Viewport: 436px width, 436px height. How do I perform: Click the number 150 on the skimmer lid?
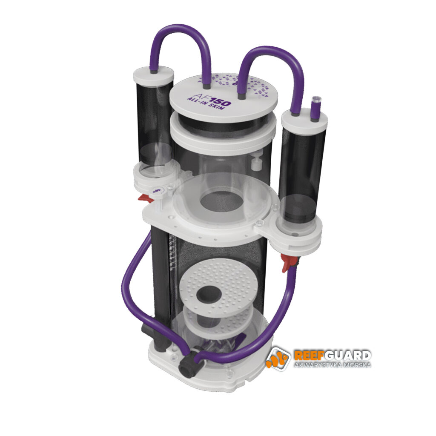click(x=219, y=101)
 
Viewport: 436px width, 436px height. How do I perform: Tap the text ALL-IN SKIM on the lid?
click(x=206, y=103)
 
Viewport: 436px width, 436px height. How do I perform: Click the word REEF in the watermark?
click(x=309, y=356)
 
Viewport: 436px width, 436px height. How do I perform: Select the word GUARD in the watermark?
click(x=347, y=356)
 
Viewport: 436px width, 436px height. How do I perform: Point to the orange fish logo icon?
click(x=278, y=359)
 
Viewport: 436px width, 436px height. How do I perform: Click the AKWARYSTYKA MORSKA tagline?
click(x=333, y=365)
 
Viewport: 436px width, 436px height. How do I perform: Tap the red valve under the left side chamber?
click(x=146, y=198)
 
